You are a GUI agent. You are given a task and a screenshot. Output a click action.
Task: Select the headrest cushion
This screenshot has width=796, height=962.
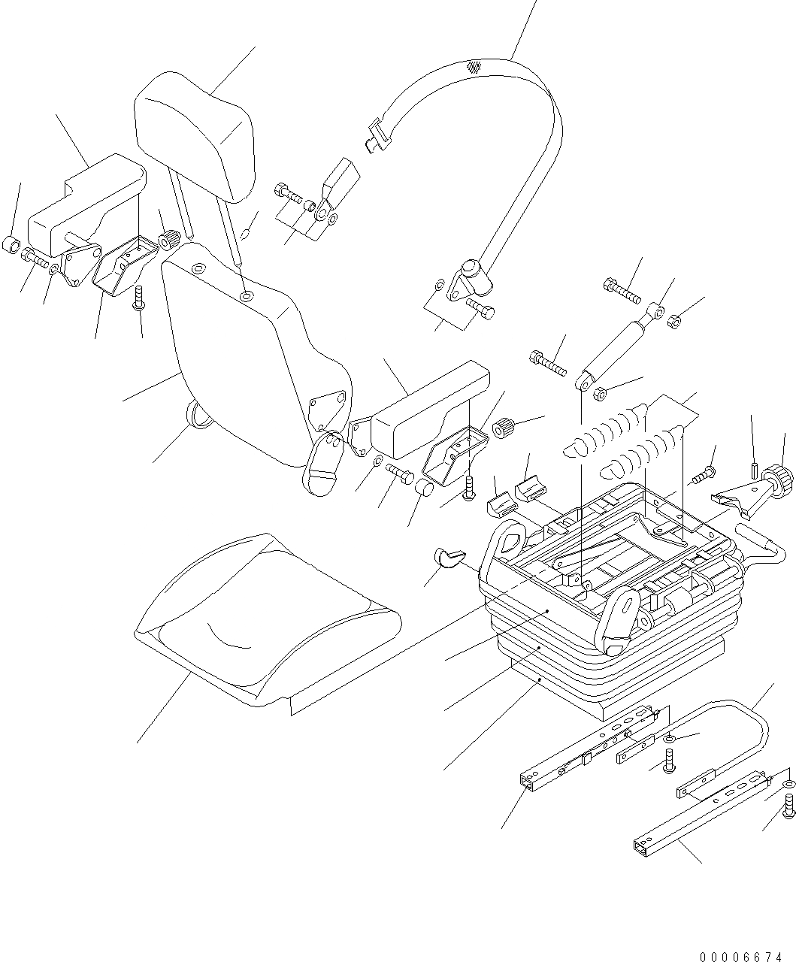[194, 135]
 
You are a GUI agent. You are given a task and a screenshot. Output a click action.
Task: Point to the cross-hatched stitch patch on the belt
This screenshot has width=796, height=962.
[474, 67]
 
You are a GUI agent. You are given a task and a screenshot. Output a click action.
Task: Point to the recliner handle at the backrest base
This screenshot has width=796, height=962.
[322, 464]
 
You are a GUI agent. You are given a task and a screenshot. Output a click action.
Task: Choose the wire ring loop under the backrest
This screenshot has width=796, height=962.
[197, 413]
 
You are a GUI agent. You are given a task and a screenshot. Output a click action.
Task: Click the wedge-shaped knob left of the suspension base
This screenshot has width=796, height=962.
[449, 558]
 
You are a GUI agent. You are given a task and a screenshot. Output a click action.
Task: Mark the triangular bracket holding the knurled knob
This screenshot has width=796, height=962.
[733, 499]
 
